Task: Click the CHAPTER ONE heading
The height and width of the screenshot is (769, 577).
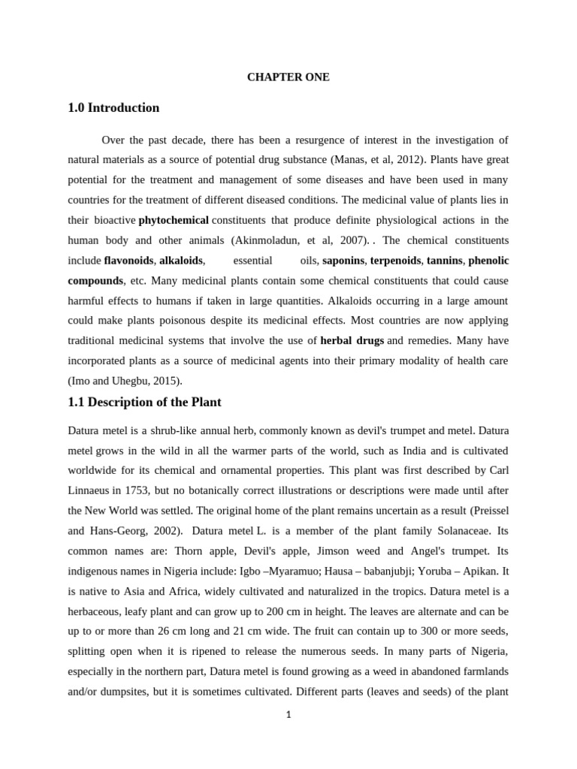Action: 288,77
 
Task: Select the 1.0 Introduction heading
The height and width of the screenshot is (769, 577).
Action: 113,108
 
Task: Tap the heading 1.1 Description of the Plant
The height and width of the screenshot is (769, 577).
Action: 144,402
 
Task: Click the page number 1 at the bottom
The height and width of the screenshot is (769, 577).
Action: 288,715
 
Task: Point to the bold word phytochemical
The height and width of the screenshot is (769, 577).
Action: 174,220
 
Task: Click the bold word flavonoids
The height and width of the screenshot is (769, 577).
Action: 128,261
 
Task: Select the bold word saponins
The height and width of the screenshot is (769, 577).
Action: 343,261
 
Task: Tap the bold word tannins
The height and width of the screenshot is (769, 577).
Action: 444,261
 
